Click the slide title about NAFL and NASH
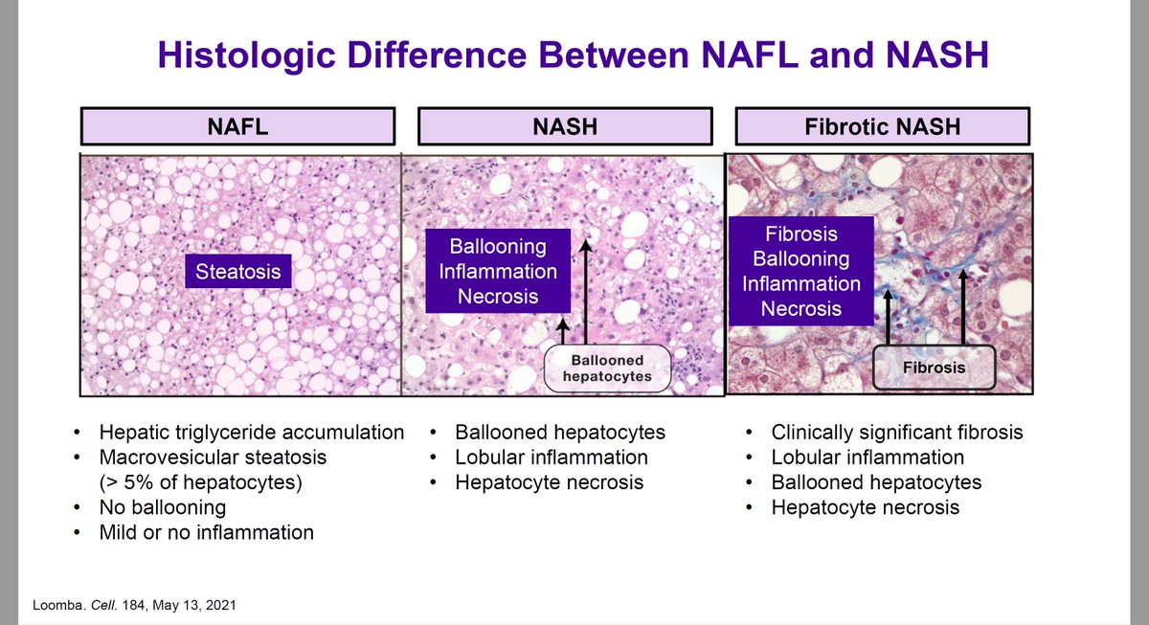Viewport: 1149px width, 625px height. pyautogui.click(x=573, y=54)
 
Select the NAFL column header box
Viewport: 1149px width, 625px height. pyautogui.click(x=237, y=125)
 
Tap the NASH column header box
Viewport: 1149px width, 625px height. pyautogui.click(x=565, y=125)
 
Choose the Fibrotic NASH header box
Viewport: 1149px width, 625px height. pyautogui.click(x=882, y=125)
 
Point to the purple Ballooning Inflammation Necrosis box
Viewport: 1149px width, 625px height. pyautogui.click(x=498, y=271)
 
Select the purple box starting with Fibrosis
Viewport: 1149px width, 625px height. pyautogui.click(x=801, y=271)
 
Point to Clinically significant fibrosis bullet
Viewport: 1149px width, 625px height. pyautogui.click(x=897, y=433)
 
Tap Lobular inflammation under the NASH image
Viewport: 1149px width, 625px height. pyautogui.click(x=552, y=458)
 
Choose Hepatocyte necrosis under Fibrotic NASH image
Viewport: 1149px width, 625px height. pyautogui.click(x=866, y=507)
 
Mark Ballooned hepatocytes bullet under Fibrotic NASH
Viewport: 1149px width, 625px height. pyautogui.click(x=876, y=482)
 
